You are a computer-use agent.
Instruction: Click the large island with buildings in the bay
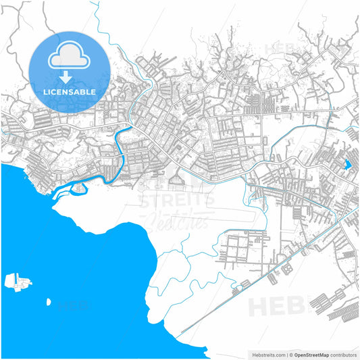click(17, 280)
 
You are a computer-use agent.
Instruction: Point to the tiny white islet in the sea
click(49, 302)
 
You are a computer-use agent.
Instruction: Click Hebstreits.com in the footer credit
click(267, 354)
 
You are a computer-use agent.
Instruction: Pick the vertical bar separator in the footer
click(285, 354)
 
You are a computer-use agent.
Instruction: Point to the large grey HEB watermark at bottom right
click(277, 306)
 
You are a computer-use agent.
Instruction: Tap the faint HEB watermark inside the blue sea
click(74, 305)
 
